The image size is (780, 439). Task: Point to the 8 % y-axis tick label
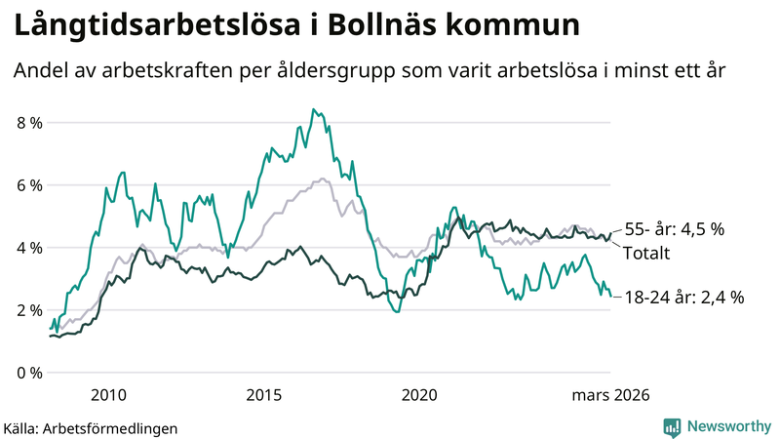point(29,123)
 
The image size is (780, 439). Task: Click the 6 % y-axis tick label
point(29,185)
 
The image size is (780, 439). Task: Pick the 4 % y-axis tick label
point(29,248)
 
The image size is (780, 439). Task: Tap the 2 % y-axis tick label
point(29,310)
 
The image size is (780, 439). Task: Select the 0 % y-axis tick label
point(29,373)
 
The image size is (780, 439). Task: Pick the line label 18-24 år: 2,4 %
point(682,298)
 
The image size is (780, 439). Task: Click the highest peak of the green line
point(312,109)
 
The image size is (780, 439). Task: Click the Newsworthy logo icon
point(672,426)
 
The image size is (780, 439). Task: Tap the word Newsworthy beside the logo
point(728,426)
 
